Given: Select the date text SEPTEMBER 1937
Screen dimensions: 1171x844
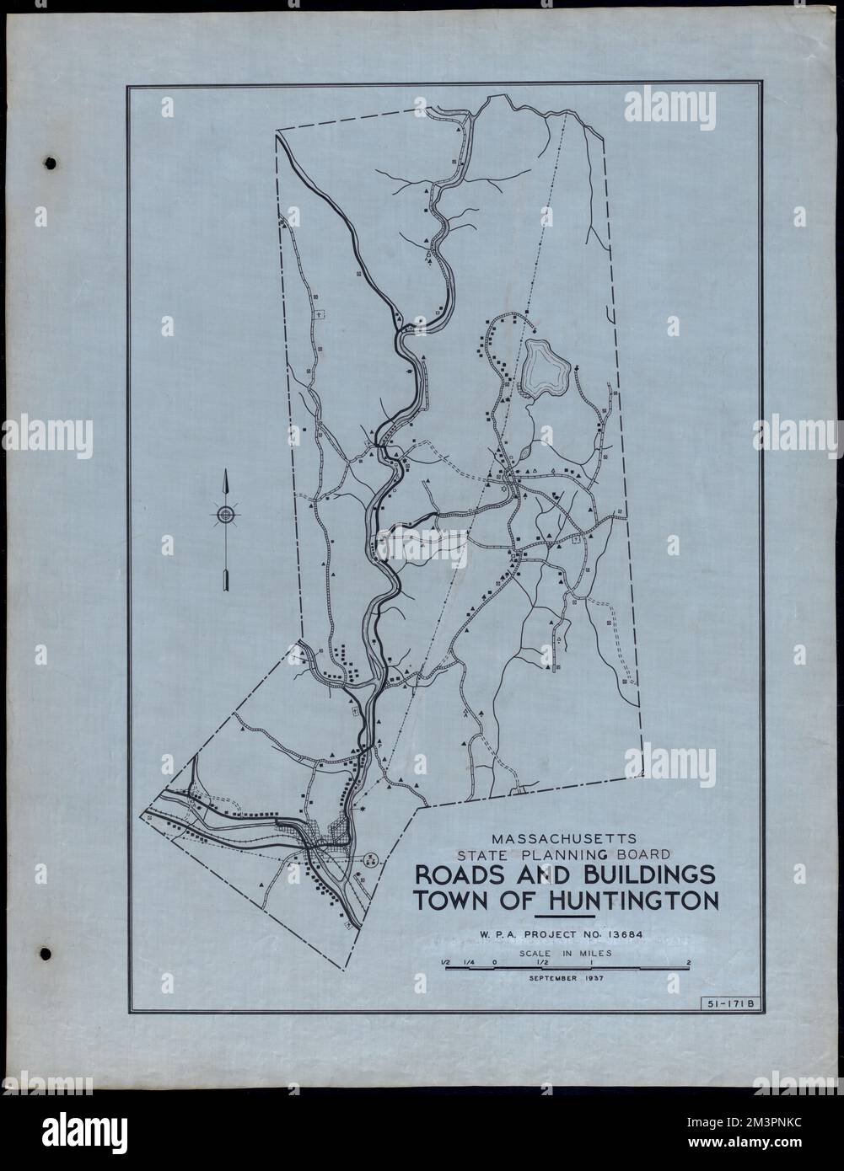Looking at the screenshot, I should [x=567, y=979].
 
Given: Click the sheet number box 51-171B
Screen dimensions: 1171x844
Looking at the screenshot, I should [x=731, y=1002].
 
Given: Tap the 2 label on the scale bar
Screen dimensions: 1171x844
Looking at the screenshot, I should [x=689, y=962].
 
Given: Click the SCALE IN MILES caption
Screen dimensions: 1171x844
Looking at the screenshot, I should [x=567, y=953].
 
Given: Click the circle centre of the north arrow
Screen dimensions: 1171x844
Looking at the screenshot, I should [x=226, y=514].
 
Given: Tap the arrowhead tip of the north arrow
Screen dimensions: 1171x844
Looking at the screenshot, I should [x=226, y=476].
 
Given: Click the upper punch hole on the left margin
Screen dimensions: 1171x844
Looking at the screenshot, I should [x=51, y=162].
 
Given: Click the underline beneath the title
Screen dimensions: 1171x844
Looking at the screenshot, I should [x=566, y=916].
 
